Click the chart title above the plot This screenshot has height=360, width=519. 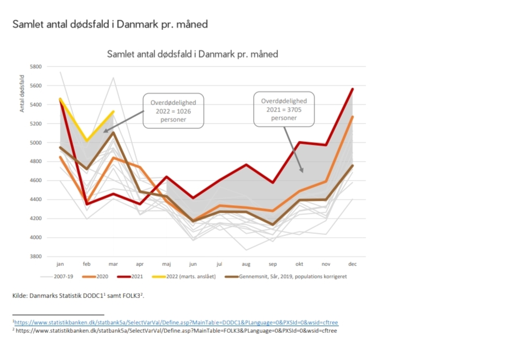click(193, 54)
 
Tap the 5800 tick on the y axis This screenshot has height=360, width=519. click(35, 67)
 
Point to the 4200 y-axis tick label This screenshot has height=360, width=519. click(35, 219)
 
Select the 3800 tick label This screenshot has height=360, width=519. click(35, 257)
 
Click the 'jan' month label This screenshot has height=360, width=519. click(60, 264)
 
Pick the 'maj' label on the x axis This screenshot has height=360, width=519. click(166, 264)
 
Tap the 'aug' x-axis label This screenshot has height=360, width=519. click(246, 264)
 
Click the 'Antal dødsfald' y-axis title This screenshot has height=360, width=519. click(22, 94)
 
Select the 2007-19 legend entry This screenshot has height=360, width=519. click(60, 277)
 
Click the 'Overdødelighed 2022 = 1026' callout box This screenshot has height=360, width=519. click(174, 111)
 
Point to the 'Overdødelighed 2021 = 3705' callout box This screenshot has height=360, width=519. click(283, 109)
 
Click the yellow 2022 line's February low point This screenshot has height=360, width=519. click(87, 141)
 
